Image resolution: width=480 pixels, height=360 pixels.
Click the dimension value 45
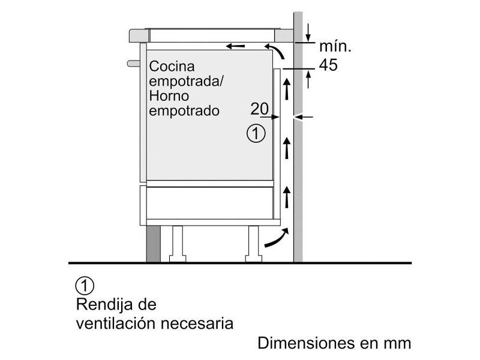click(x=328, y=65)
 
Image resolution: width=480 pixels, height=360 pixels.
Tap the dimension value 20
click(x=260, y=109)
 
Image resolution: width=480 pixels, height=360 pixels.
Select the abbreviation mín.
click(x=335, y=46)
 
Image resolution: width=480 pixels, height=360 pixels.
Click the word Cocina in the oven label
click(x=172, y=66)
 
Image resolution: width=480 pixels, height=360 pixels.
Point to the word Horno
click(x=169, y=96)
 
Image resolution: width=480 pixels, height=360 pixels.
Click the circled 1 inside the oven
click(x=256, y=133)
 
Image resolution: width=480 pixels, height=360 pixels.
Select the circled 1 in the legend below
click(x=85, y=286)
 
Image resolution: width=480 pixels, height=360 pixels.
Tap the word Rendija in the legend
click(x=104, y=304)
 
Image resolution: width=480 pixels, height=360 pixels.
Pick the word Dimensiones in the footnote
click(x=307, y=343)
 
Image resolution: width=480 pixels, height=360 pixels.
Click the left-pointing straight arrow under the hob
click(x=235, y=46)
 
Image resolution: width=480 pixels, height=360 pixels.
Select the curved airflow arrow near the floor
click(x=277, y=238)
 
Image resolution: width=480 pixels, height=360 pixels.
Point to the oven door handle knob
click(x=133, y=64)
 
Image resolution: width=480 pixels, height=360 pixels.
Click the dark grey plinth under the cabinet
click(x=153, y=244)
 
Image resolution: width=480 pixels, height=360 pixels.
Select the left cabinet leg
click(x=178, y=244)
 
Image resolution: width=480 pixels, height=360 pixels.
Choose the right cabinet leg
click(x=253, y=244)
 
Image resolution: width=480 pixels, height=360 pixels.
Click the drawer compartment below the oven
click(x=209, y=202)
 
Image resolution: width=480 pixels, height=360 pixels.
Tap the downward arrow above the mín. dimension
click(x=308, y=32)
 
